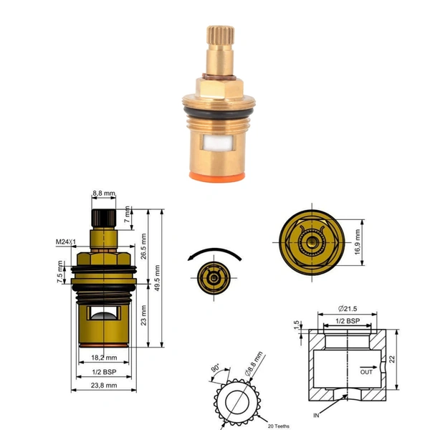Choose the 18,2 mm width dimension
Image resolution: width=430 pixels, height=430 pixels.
point(104,356)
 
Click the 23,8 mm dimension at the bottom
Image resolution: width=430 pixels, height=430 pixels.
point(104,386)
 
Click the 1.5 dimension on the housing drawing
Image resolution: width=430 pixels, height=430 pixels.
point(295,326)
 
